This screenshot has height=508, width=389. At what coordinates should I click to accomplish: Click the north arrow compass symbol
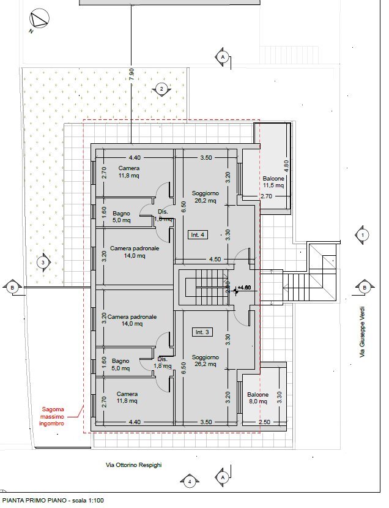(39, 20)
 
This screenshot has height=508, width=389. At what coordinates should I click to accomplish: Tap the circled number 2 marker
(161, 89)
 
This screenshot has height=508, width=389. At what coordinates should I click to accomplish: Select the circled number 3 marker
(42, 263)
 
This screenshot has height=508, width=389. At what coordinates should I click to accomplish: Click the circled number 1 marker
(363, 234)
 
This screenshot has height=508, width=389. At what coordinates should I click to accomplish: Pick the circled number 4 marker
(190, 482)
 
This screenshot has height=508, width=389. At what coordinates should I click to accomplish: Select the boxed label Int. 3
(202, 332)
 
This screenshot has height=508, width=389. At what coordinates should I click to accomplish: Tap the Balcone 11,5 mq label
(273, 181)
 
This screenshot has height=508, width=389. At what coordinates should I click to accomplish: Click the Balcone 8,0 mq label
(257, 398)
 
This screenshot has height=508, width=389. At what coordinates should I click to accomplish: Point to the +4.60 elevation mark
(244, 287)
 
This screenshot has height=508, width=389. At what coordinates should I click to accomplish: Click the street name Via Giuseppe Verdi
(363, 331)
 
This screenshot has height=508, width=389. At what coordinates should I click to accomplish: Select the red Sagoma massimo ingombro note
(57, 416)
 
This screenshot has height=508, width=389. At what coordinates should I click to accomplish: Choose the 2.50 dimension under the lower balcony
(264, 422)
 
